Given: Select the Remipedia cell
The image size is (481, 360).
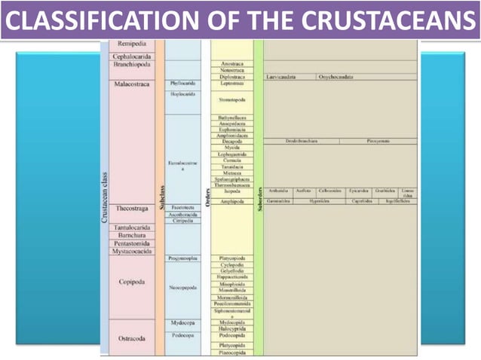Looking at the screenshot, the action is [x=132, y=45].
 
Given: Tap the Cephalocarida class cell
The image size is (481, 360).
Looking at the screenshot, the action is [x=132, y=56].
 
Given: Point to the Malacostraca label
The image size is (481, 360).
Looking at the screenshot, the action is [x=132, y=84].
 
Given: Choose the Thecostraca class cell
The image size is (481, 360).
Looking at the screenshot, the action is [x=132, y=208].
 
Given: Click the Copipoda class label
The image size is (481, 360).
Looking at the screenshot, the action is [x=132, y=282].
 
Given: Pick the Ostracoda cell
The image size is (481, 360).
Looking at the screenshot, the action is [x=132, y=338].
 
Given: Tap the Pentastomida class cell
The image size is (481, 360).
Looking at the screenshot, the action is [x=132, y=244].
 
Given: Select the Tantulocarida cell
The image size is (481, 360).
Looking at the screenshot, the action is [x=132, y=227].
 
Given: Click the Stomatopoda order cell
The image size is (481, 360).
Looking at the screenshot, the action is [x=231, y=99].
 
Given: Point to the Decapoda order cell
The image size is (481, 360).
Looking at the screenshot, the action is [x=231, y=141].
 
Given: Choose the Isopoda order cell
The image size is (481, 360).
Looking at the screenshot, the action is [x=231, y=191].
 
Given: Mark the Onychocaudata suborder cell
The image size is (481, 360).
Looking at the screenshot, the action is [x=335, y=77].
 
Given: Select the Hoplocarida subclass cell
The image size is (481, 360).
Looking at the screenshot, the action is [x=183, y=94].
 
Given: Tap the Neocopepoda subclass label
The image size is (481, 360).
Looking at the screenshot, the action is [x=183, y=286].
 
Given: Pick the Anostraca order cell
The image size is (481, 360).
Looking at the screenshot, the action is [x=231, y=64].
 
